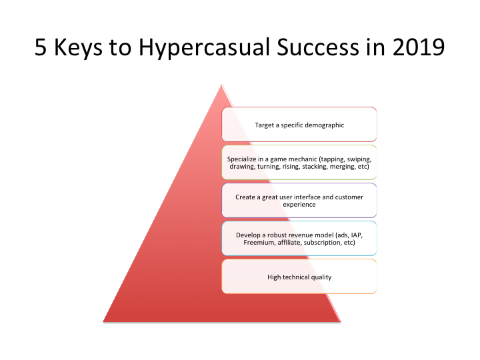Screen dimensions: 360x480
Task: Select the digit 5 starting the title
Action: (x=41, y=48)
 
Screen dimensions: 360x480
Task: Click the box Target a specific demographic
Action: (x=299, y=124)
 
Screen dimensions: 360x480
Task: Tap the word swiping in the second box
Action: (x=357, y=159)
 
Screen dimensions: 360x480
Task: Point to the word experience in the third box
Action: (x=299, y=205)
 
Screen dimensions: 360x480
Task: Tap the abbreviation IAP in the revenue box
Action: (x=351, y=235)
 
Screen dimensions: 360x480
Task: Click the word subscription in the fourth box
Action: (x=324, y=243)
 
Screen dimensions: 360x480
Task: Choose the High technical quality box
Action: (x=299, y=277)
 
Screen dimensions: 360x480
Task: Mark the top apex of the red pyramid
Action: (x=221, y=84)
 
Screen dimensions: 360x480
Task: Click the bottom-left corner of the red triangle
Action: (x=105, y=321)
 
